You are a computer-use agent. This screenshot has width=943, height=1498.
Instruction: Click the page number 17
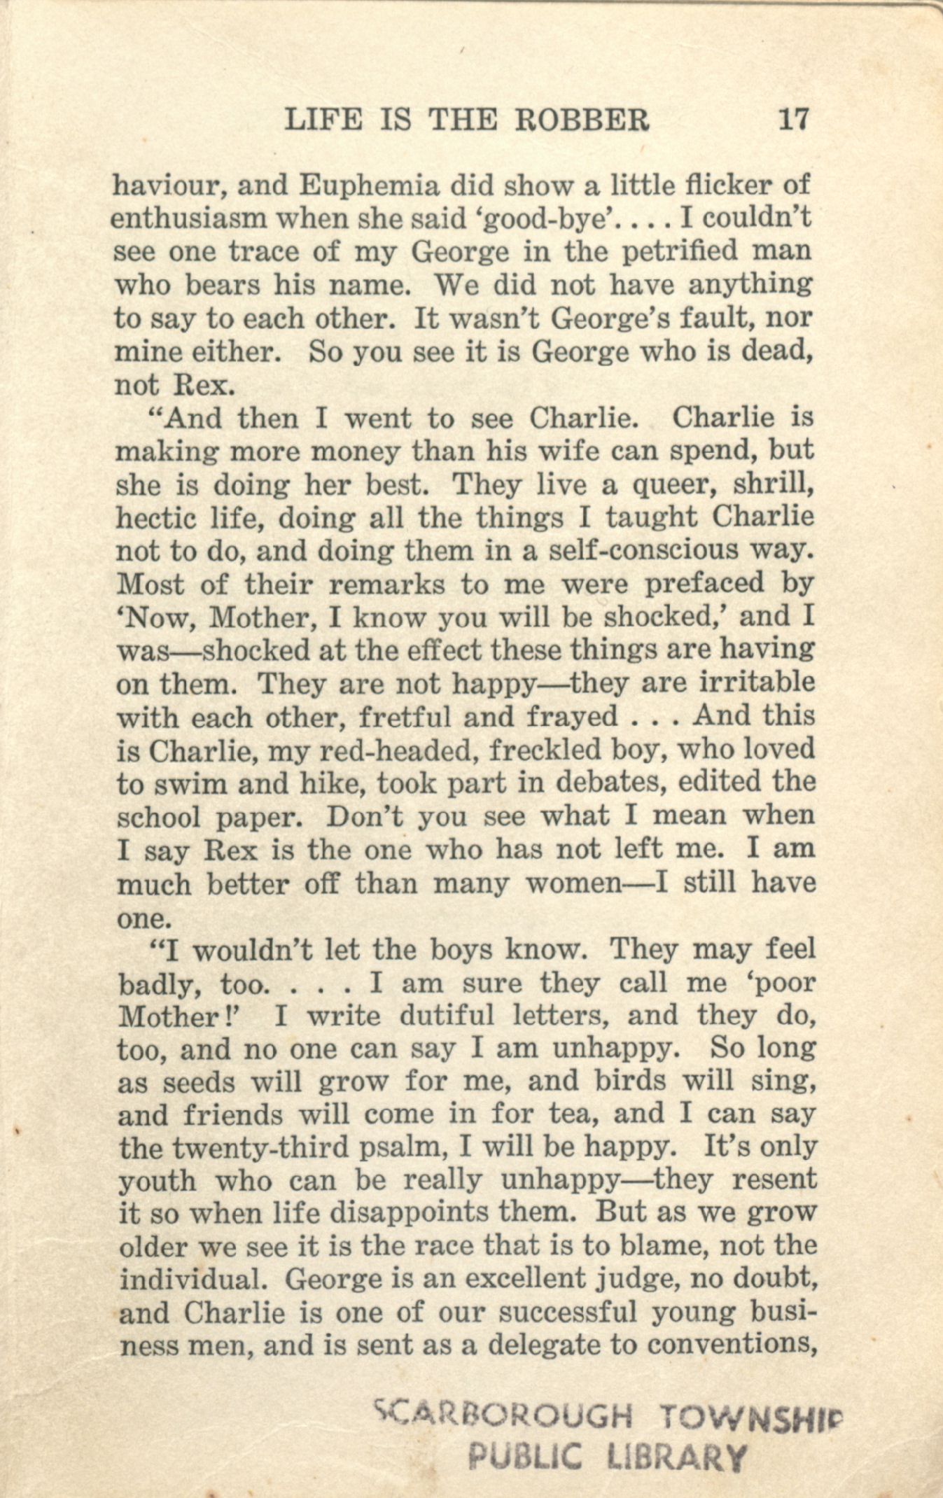(793, 119)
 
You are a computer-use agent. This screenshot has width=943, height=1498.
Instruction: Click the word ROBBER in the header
(582, 120)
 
